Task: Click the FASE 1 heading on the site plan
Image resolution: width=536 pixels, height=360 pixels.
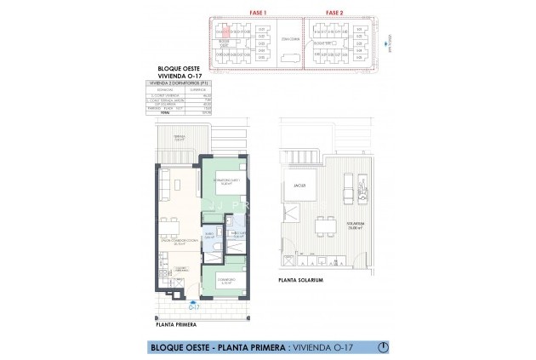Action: click(255, 13)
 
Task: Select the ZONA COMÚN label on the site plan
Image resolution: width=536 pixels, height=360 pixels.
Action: click(289, 39)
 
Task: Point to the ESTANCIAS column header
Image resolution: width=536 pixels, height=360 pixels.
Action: click(166, 89)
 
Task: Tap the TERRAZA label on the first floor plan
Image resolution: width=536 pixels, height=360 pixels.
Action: click(180, 136)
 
